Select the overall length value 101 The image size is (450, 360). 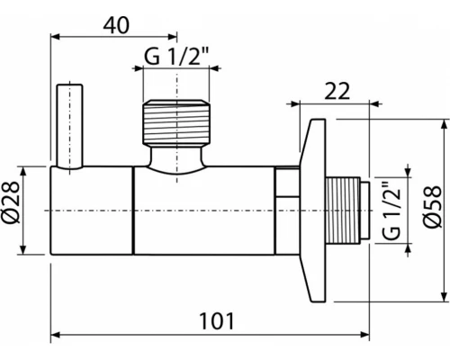pos(212,319)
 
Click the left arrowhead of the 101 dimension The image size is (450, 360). pos(56,335)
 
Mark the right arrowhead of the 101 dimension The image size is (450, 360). pos(366,335)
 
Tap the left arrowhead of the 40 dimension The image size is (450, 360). pos(56,39)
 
